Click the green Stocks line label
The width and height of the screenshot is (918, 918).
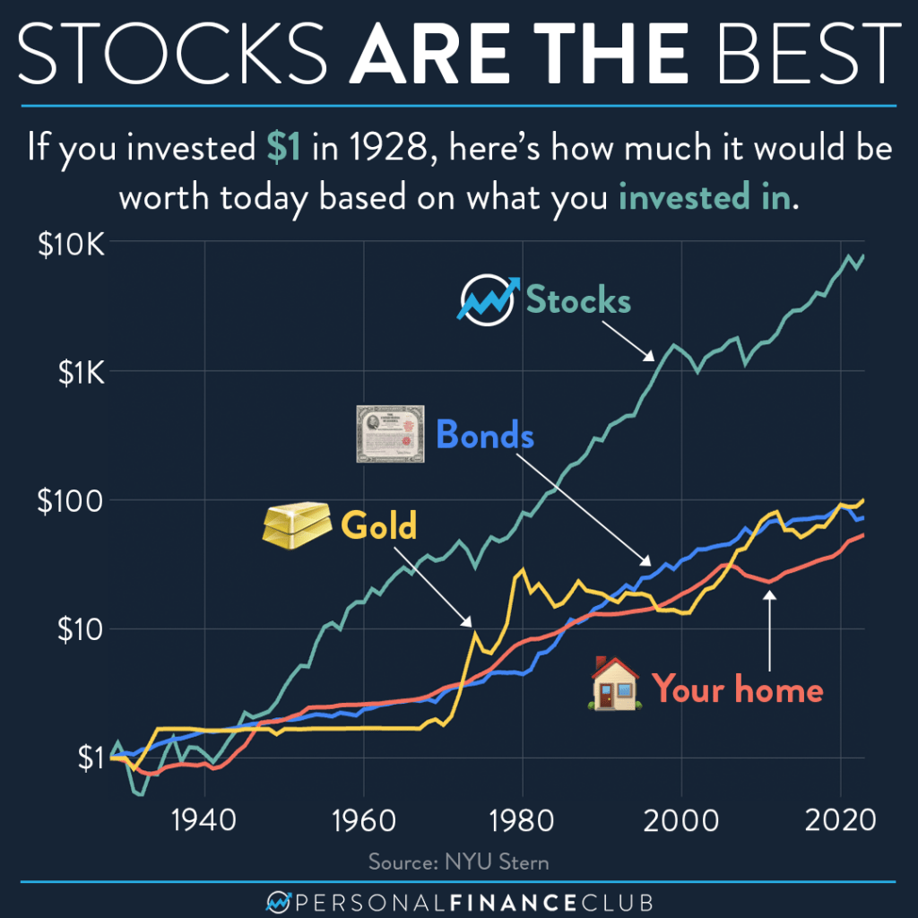(578, 300)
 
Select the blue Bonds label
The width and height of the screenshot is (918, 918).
(485, 437)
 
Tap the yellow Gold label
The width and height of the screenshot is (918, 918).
(378, 526)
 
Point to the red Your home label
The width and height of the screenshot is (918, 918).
(737, 689)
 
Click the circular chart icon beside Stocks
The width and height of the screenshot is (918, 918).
(485, 300)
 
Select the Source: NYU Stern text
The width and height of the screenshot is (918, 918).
(458, 862)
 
